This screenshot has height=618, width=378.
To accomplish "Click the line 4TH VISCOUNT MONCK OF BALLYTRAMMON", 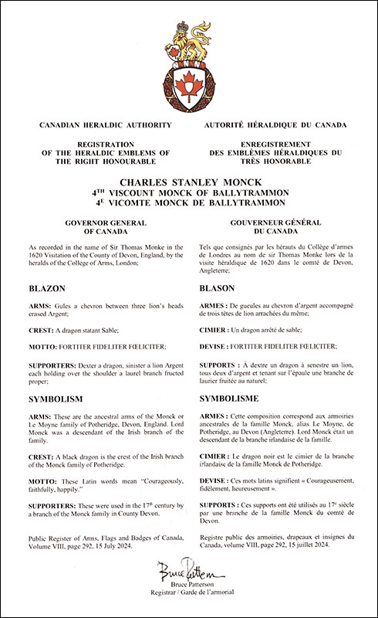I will pyautogui.click(x=189, y=194).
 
